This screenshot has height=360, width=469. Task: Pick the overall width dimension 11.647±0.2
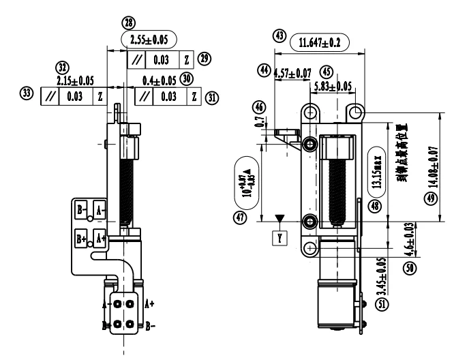320,43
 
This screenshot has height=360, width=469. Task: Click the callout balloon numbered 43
278,34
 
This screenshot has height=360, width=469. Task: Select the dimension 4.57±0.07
292,72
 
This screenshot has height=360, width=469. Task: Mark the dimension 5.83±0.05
333,87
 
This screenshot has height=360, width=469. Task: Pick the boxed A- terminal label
100,210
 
